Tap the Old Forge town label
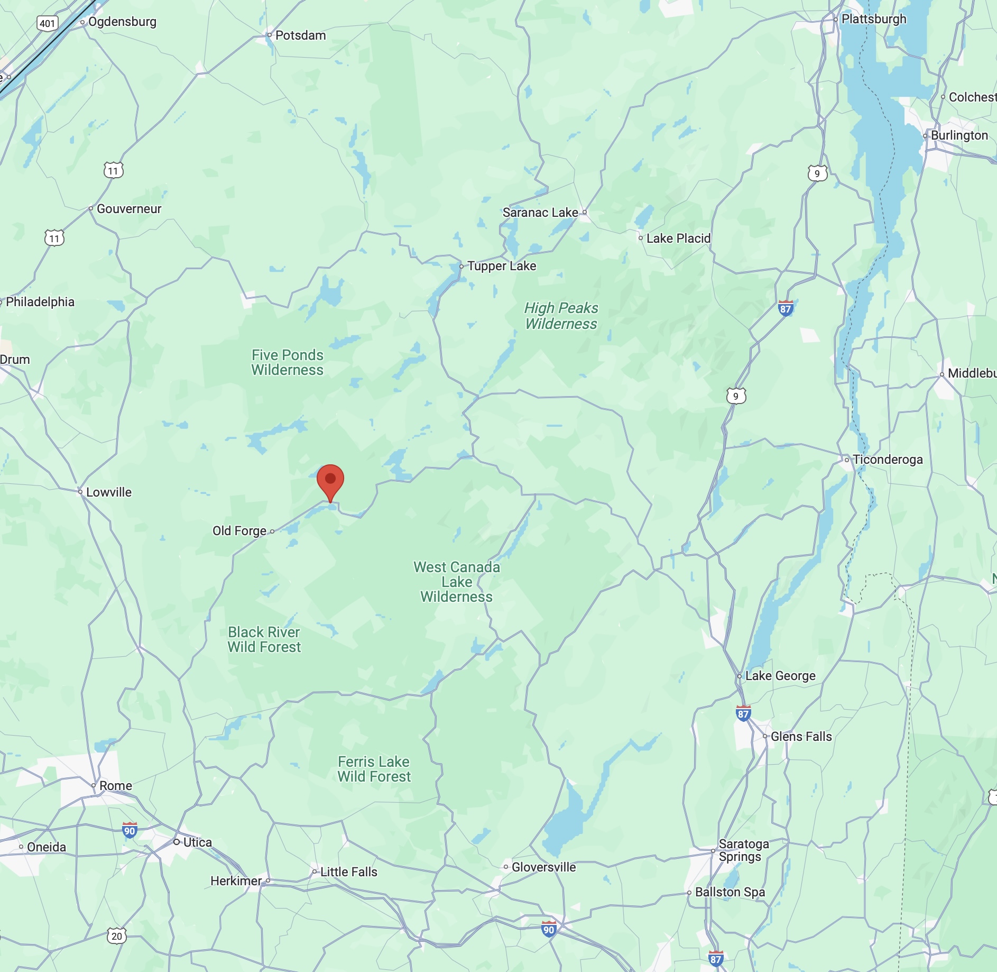click(x=239, y=531)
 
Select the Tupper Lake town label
click(x=502, y=266)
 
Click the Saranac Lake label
click(x=540, y=213)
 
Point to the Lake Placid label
click(x=678, y=239)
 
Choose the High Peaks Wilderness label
click(x=561, y=316)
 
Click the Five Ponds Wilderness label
click(x=287, y=362)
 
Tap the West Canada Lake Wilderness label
click(x=457, y=582)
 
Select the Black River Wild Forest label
click(x=264, y=639)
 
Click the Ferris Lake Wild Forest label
click(x=374, y=769)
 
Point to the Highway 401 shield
click(x=47, y=23)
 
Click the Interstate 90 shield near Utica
click(x=130, y=830)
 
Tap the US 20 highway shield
click(x=117, y=936)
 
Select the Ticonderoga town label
click(x=888, y=460)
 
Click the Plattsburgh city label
click(x=873, y=19)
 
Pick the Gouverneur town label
click(x=129, y=209)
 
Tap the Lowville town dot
click(x=80, y=492)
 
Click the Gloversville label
click(x=543, y=867)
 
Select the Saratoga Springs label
click(x=743, y=850)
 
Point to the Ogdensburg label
click(x=122, y=22)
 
